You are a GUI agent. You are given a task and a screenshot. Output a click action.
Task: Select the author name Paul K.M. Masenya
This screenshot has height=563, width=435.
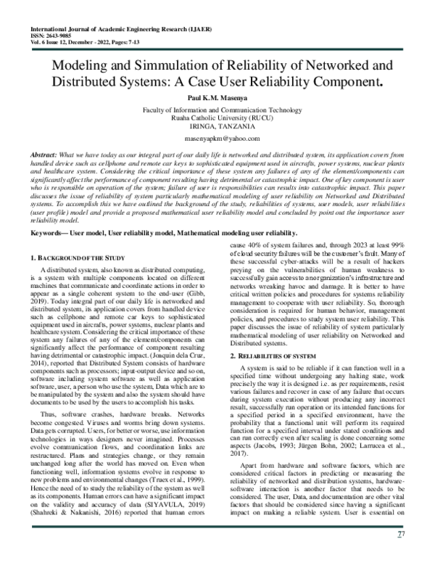tap(217, 97)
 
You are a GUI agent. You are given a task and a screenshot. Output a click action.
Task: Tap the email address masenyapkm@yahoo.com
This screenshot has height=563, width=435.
tap(217, 136)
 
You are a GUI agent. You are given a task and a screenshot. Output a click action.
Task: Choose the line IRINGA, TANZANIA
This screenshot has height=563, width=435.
tap(217, 123)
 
